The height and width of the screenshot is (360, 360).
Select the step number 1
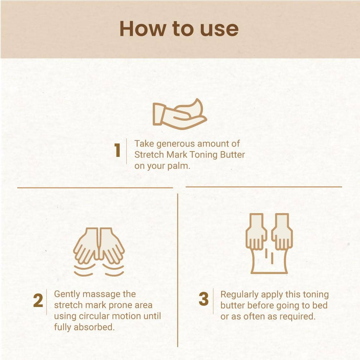point(118,150)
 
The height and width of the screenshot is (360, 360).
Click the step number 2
point(38,300)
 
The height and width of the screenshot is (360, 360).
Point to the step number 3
point(204,299)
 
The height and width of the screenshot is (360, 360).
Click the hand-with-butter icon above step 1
point(180,114)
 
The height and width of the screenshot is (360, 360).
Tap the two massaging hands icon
point(99,252)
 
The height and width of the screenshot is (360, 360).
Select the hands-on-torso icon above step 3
point(269,244)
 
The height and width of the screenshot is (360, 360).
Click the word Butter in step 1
point(232,155)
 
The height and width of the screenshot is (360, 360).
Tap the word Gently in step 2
point(67,294)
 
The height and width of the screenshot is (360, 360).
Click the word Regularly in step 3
point(239,295)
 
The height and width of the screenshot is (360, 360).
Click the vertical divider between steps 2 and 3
point(178,270)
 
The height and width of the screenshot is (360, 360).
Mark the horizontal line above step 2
point(95,188)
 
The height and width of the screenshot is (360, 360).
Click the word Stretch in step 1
point(149,155)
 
